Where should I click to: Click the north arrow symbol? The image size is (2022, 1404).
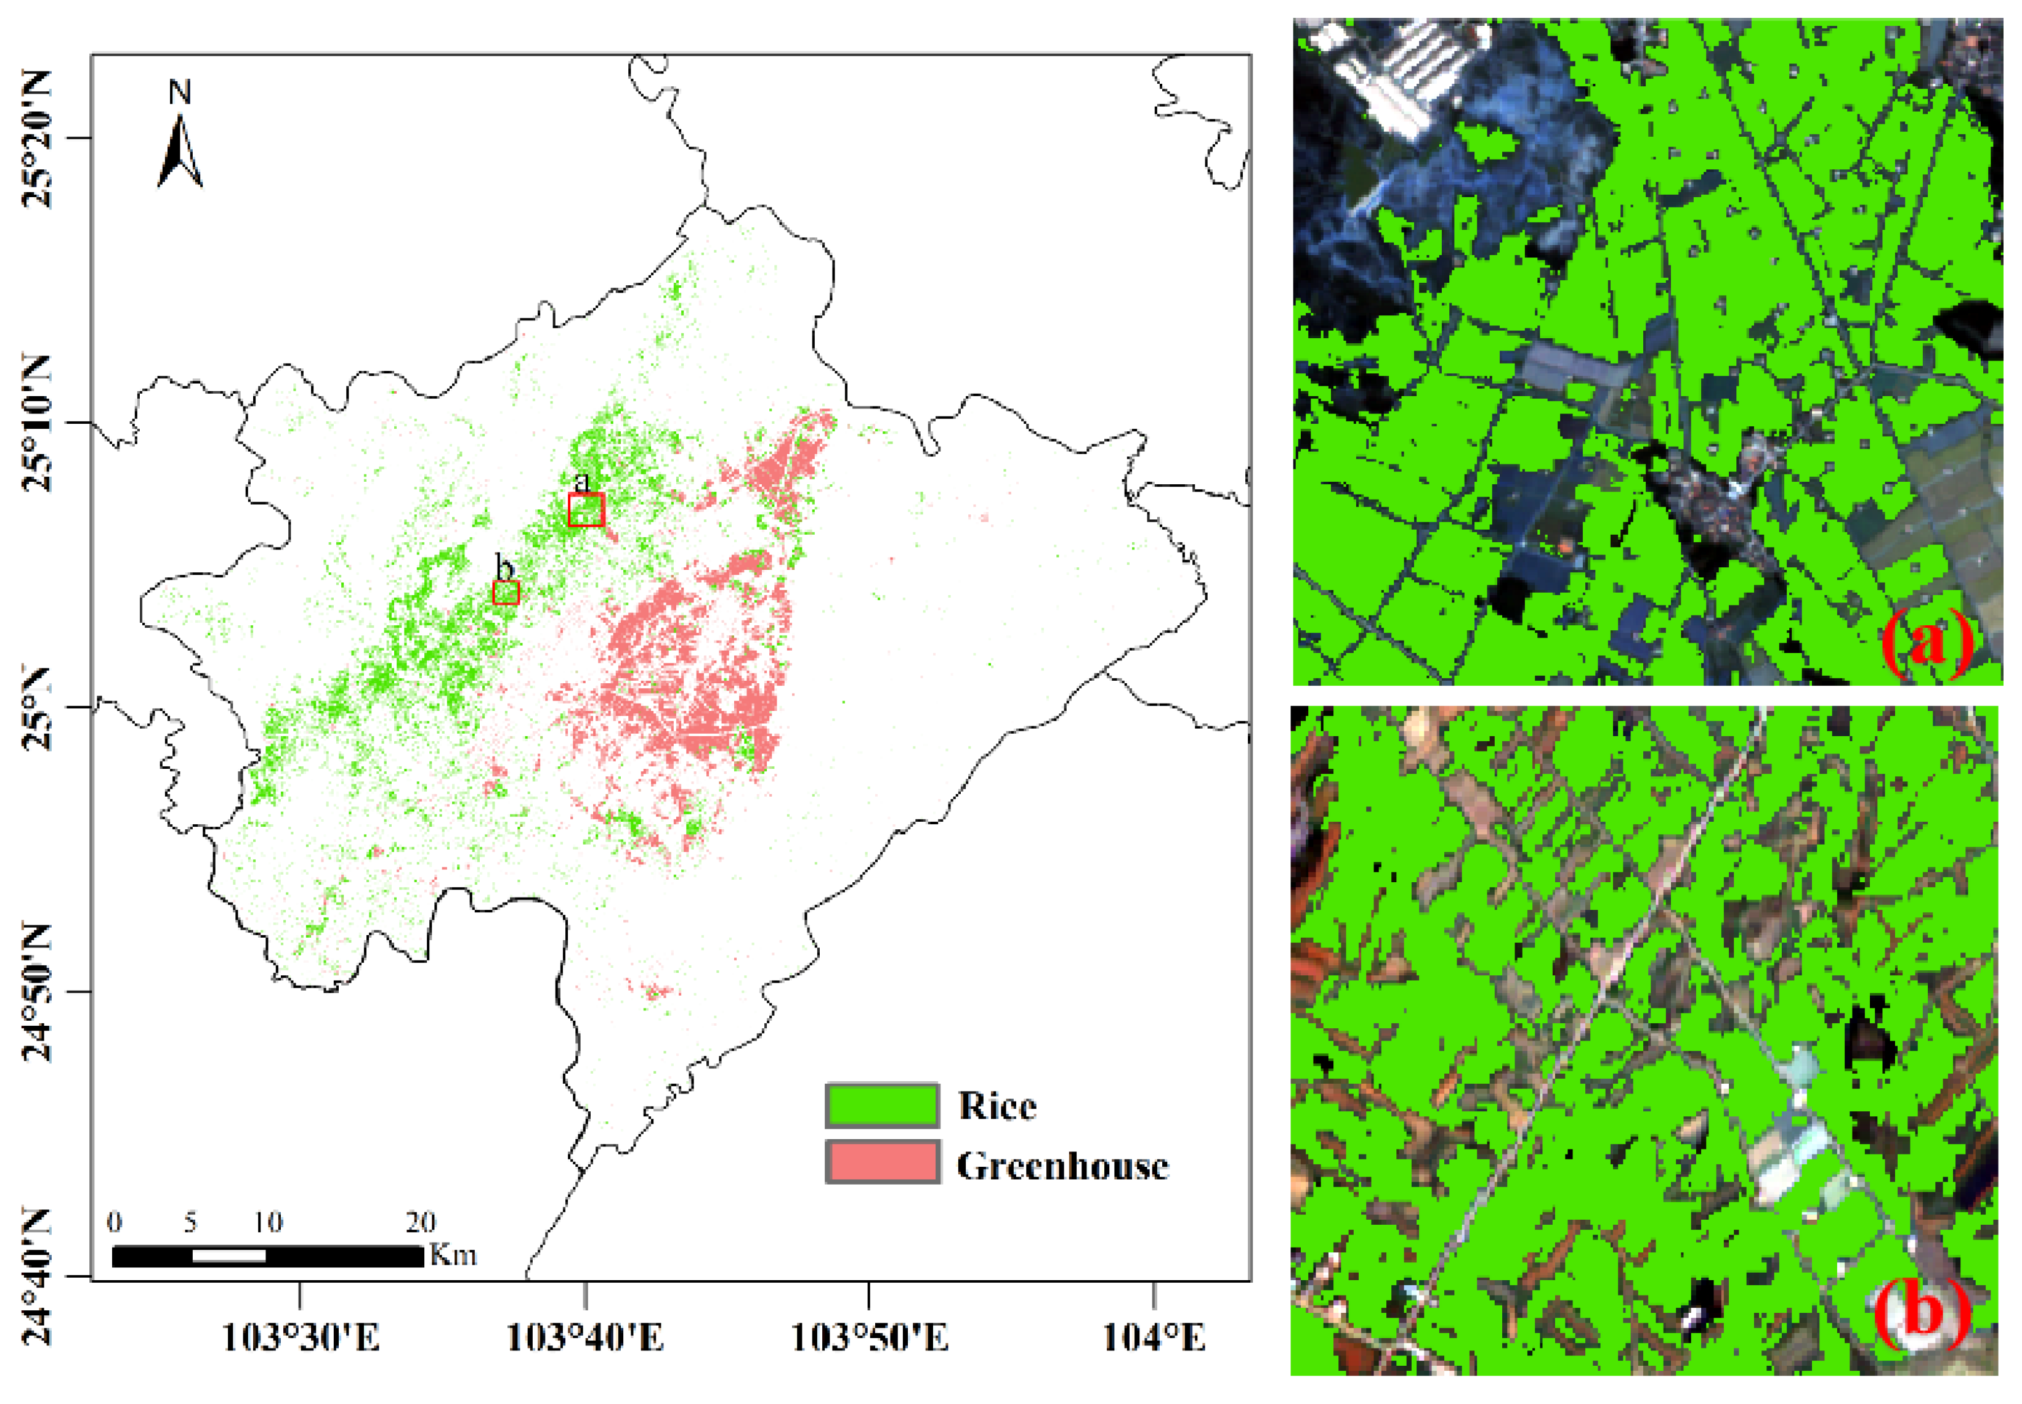pyautogui.click(x=180, y=154)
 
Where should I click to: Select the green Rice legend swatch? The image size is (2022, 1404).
pyautogui.click(x=881, y=1105)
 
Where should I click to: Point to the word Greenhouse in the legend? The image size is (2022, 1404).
pyautogui.click(x=1062, y=1166)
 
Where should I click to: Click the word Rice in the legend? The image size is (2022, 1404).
pyautogui.click(x=997, y=1106)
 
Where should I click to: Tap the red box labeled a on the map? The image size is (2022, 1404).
pyautogui.click(x=586, y=509)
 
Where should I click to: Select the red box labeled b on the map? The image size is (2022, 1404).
pyautogui.click(x=506, y=592)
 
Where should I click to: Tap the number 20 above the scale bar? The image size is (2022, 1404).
pyautogui.click(x=421, y=1222)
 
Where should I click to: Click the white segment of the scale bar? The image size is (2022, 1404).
pyautogui.click(x=228, y=1256)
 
